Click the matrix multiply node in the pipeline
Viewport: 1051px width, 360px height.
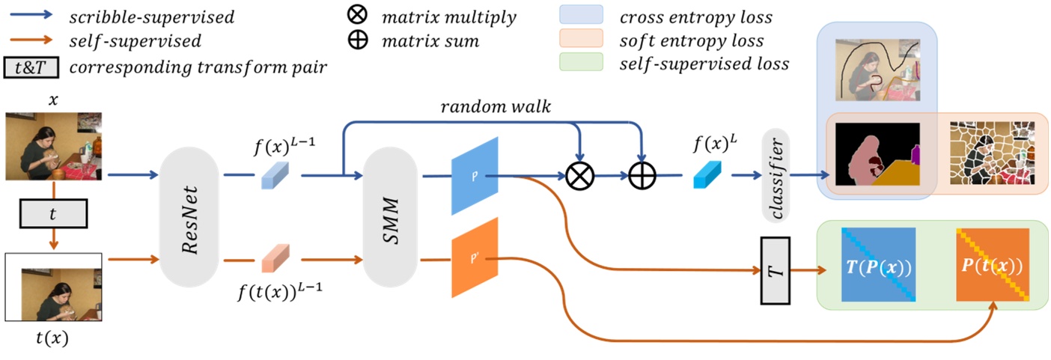pyautogui.click(x=578, y=177)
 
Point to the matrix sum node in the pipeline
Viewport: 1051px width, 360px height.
pyautogui.click(x=641, y=177)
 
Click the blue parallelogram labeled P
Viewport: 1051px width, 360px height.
pyautogui.click(x=475, y=177)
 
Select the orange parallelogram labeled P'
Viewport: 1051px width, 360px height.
pyautogui.click(x=475, y=257)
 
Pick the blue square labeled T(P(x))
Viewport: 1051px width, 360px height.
pyautogui.click(x=878, y=264)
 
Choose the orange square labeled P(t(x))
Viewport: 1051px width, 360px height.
pyautogui.click(x=993, y=264)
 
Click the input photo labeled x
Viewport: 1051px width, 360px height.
pyautogui.click(x=53, y=147)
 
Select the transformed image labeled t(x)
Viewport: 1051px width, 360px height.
pyautogui.click(x=53, y=287)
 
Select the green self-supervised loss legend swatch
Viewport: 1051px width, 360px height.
pyautogui.click(x=581, y=63)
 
